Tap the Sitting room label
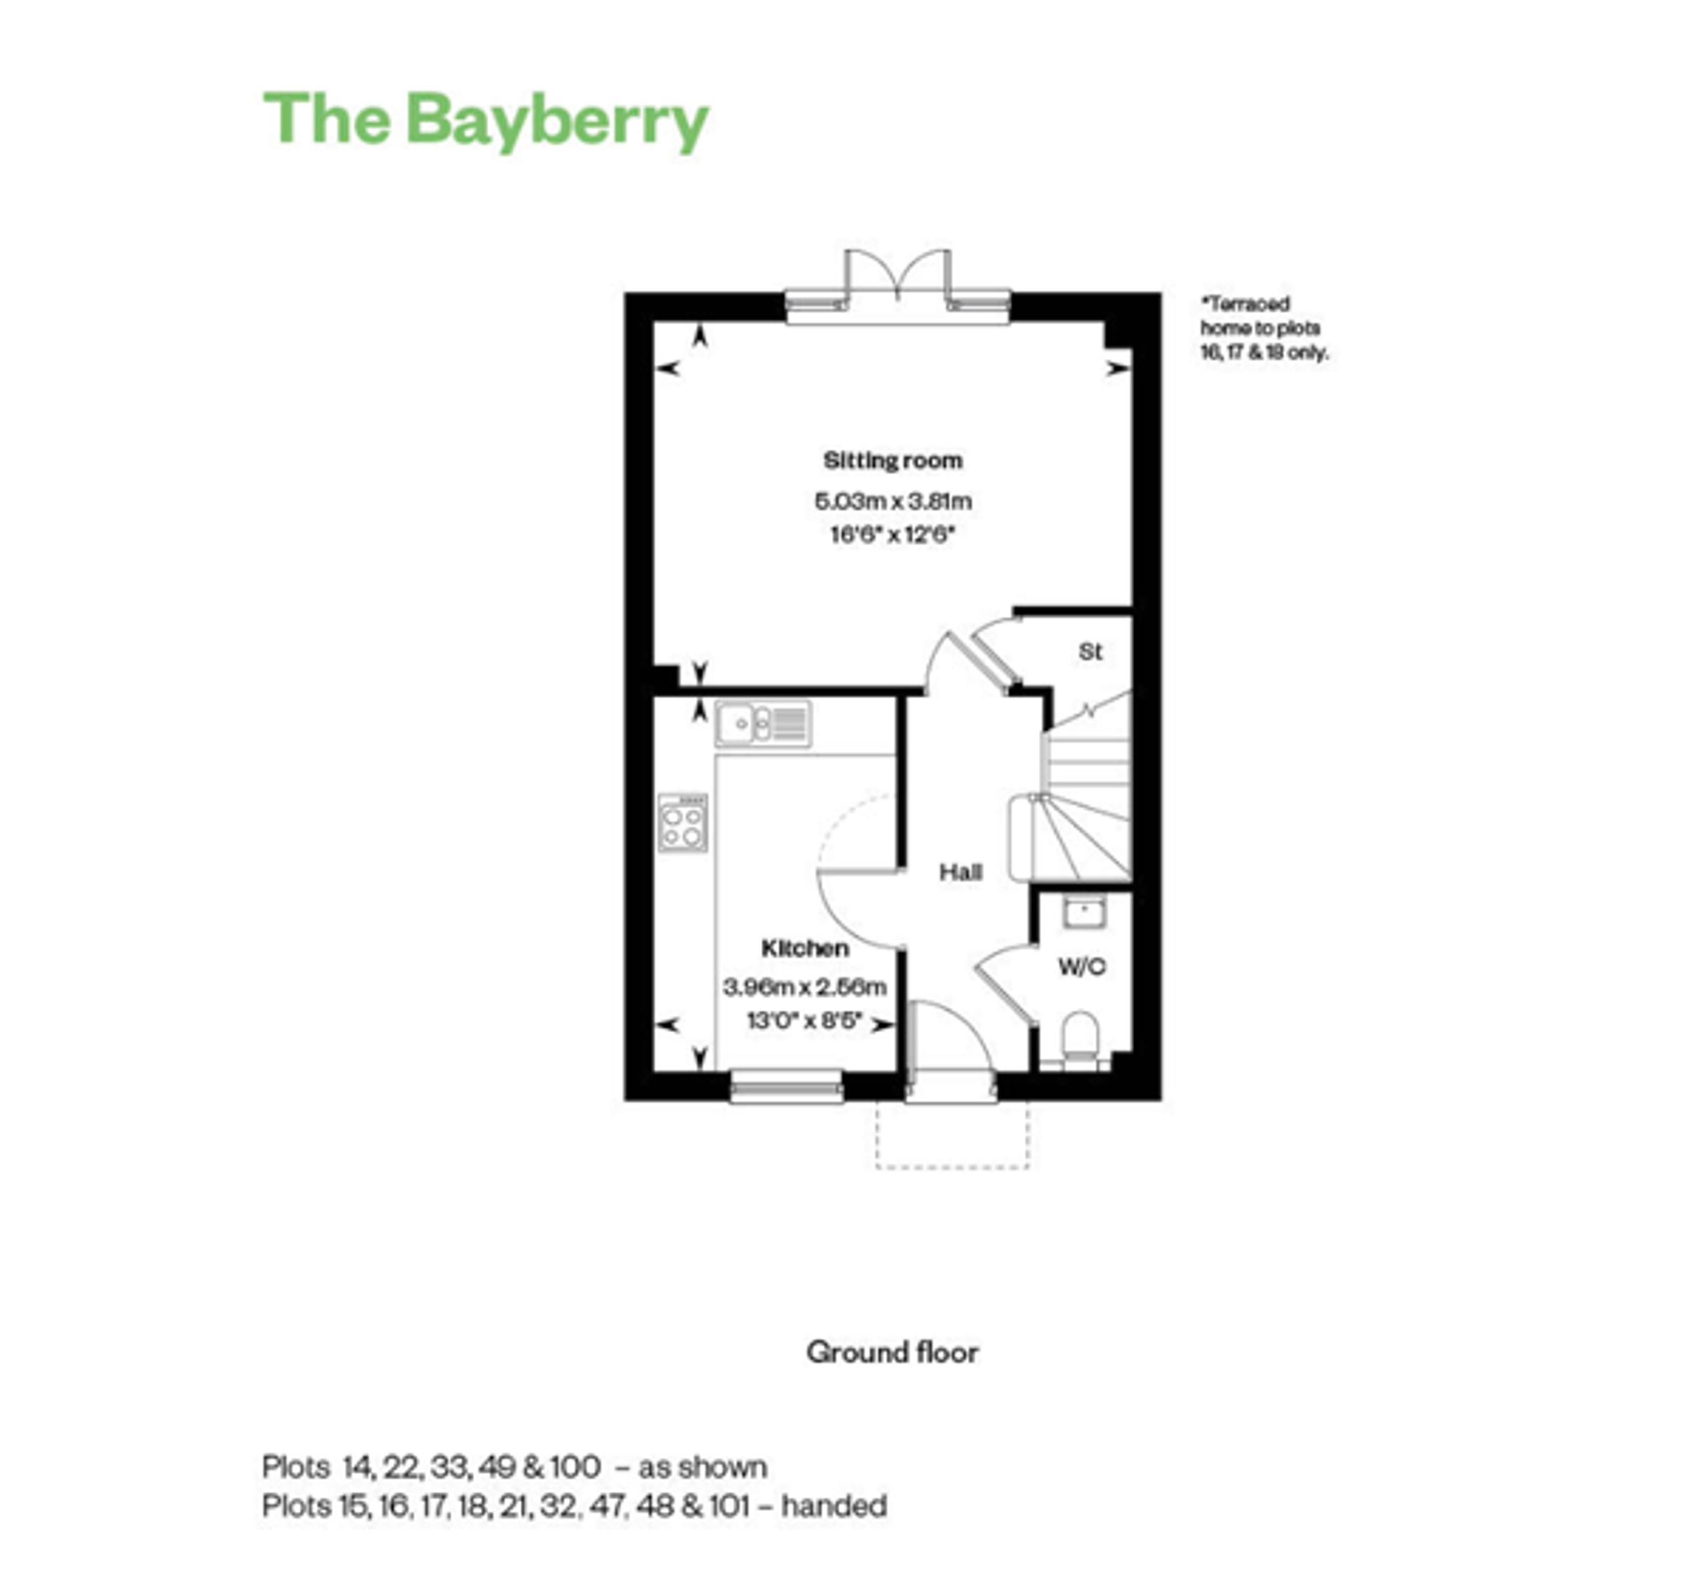point(893,460)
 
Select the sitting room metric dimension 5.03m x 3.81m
point(893,500)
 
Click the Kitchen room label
point(805,948)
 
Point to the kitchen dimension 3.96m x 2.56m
point(805,987)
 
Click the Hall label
point(960,872)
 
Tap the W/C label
point(1082,966)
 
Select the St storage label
point(1090,652)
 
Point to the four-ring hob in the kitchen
point(683,822)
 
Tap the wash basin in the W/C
point(1084,912)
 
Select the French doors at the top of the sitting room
point(897,286)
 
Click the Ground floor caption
point(892,1353)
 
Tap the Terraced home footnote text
point(1263,328)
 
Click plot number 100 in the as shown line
point(575,1467)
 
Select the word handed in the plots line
point(834,1506)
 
